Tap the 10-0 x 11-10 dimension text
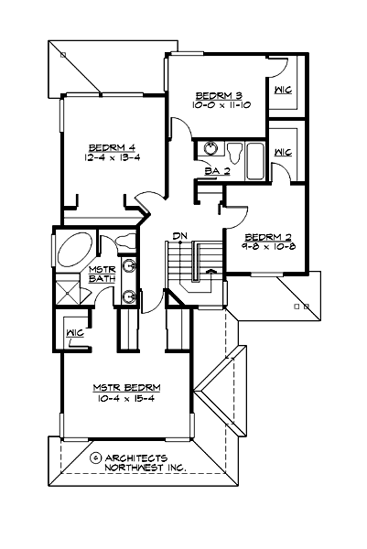tap(216, 106)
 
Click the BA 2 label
tap(216, 170)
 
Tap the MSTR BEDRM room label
tap(123, 387)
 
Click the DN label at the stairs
tap(180, 237)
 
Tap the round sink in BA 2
tap(209, 149)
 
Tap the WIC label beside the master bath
tap(74, 333)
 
